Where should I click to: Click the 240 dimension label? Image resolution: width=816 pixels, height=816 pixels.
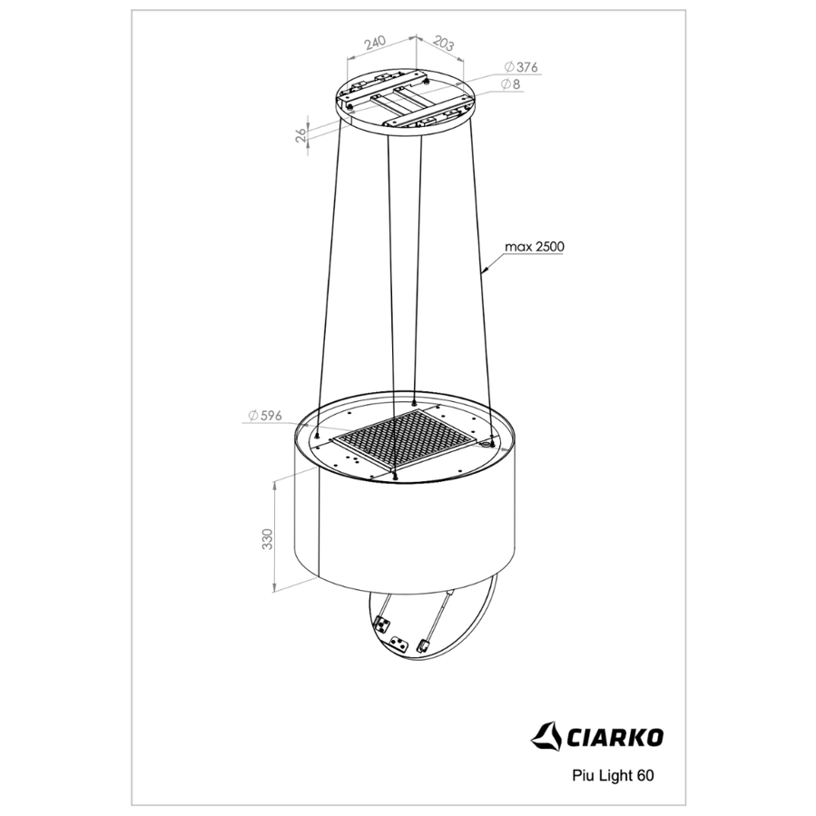[375, 42]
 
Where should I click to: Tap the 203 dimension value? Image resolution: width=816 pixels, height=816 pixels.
[443, 44]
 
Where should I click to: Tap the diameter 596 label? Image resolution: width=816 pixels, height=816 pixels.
[265, 416]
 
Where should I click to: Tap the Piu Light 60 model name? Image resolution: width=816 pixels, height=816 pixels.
[613, 775]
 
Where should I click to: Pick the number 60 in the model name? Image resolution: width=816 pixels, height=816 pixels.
[644, 775]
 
